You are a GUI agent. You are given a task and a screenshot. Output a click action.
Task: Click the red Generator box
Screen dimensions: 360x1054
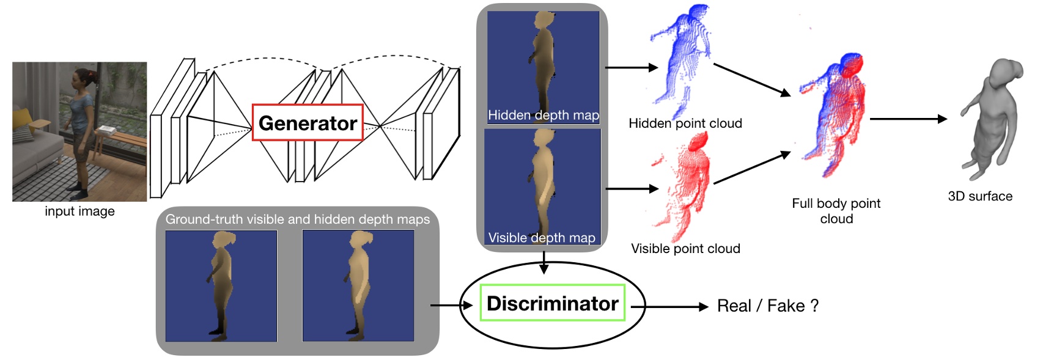click(x=308, y=123)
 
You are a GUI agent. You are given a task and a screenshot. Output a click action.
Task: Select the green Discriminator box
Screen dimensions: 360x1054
click(x=552, y=303)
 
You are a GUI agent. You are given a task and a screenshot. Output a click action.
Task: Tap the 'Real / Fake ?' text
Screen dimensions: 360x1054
click(x=767, y=306)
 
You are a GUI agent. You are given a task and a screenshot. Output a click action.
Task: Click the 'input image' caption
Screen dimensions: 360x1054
click(x=79, y=211)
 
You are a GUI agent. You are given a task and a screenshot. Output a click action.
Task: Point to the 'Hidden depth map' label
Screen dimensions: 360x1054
click(x=543, y=115)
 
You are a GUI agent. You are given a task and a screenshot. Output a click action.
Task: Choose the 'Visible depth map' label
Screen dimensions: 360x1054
click(x=542, y=238)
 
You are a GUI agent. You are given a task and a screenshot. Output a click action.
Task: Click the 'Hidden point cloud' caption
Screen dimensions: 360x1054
click(x=685, y=123)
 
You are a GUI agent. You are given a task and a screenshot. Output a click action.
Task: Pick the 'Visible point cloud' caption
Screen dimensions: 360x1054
click(x=685, y=249)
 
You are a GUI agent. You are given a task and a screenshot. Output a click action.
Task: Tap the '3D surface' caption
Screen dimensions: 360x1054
click(x=980, y=196)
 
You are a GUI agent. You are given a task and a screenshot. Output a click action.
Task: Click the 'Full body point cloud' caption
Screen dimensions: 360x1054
click(x=836, y=211)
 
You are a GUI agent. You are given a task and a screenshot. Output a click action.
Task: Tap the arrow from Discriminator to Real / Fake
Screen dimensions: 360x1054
click(x=669, y=307)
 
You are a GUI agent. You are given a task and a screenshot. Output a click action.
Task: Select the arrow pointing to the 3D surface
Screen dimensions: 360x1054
click(x=908, y=119)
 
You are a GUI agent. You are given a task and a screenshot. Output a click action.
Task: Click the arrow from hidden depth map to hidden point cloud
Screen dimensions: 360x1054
click(x=631, y=68)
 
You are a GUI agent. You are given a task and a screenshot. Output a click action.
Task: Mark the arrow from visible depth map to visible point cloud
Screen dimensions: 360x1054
click(x=631, y=189)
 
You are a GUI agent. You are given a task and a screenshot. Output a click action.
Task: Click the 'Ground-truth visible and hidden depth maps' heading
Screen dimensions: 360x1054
click(x=298, y=219)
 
